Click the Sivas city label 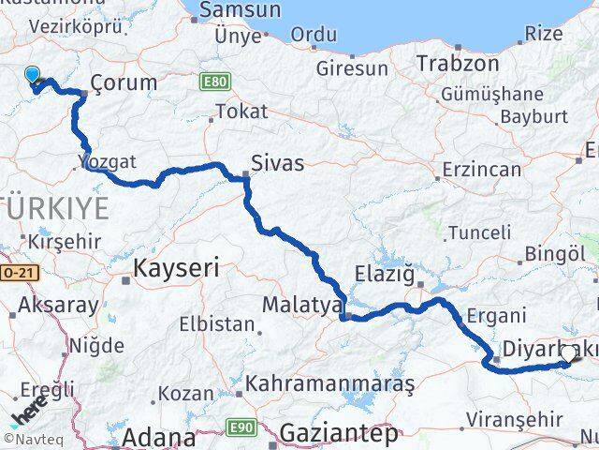(278, 163)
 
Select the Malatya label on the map (299, 305)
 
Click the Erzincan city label (482, 171)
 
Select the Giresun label (351, 68)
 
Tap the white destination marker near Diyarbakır (569, 353)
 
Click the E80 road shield (213, 82)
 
